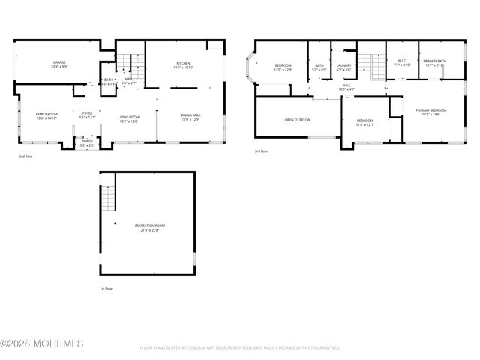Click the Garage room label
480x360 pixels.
pyautogui.click(x=60, y=64)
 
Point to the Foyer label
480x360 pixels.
pyautogui.click(x=88, y=115)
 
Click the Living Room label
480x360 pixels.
pyautogui.click(x=129, y=116)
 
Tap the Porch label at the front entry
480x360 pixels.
pyautogui.click(x=87, y=142)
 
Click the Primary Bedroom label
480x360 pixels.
pyautogui.click(x=432, y=112)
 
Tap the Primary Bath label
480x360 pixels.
pyautogui.click(x=433, y=63)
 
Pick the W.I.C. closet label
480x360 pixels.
pyautogui.click(x=401, y=64)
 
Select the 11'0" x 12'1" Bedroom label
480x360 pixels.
pyautogui.click(x=365, y=122)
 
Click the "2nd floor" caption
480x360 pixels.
pyautogui.click(x=26, y=157)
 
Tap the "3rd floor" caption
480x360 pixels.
pyautogui.click(x=262, y=151)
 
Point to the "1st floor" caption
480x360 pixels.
pyautogui.click(x=107, y=289)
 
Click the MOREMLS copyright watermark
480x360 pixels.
pyautogui.click(x=42, y=343)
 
